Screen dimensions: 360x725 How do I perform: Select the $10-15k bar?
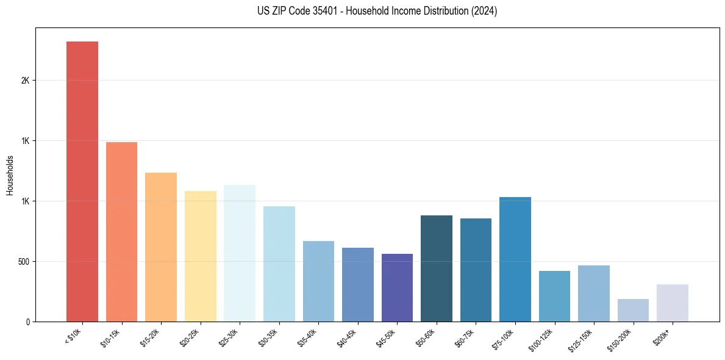(x=121, y=232)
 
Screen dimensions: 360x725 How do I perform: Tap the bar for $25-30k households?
(x=240, y=253)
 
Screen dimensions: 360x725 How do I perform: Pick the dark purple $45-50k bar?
(x=397, y=287)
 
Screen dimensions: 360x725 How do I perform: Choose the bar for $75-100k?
(x=515, y=259)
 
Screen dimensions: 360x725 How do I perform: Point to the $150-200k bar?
(x=633, y=310)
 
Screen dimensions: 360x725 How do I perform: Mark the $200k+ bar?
(x=673, y=303)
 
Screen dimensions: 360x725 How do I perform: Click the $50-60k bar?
(x=437, y=268)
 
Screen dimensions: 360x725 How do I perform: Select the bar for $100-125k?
(x=554, y=296)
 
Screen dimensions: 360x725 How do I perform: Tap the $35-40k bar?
(x=318, y=281)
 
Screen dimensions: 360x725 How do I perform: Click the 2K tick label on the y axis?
(x=26, y=81)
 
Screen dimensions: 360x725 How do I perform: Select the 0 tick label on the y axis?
(x=28, y=322)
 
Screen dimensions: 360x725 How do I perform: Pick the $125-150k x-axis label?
(x=583, y=338)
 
